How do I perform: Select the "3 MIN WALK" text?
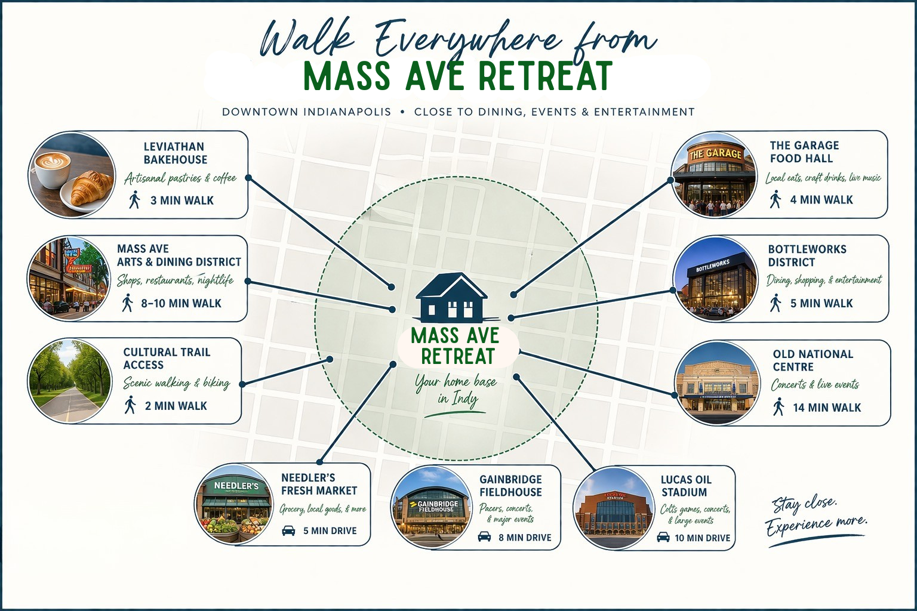point(182,200)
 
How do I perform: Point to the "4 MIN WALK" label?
point(821,200)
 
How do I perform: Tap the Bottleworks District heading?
point(807,256)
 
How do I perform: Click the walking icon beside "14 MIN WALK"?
point(778,407)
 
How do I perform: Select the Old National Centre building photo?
point(717,383)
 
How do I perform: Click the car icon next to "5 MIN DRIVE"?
point(288,530)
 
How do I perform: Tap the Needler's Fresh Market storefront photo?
point(234,505)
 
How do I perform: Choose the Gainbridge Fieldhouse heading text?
point(510,486)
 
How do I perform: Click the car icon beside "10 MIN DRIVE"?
point(663,537)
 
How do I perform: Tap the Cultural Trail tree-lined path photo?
point(70,381)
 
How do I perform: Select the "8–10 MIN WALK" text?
point(181,303)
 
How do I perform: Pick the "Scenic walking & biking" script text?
point(177,383)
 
